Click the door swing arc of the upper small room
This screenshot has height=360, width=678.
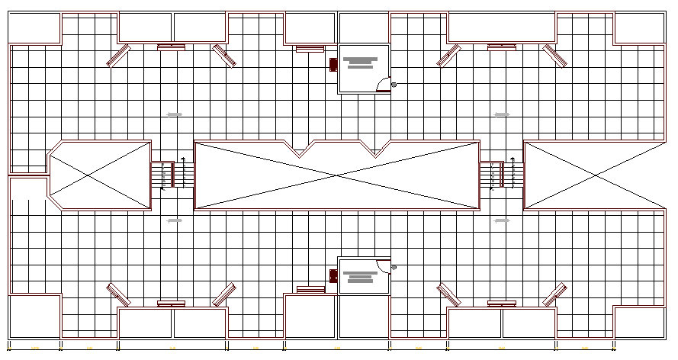[384, 85]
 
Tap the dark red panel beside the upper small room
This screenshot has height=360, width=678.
[333, 65]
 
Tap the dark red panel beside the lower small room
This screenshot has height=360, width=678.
[333, 275]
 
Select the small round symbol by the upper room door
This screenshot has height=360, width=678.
[394, 85]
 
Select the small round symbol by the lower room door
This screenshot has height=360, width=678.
[394, 267]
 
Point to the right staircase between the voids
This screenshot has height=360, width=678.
[496, 175]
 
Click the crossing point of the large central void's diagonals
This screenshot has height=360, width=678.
[337, 175]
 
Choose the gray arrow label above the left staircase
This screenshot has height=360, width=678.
[175, 114]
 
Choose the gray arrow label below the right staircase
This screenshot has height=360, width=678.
[501, 220]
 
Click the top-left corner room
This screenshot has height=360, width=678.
[34, 28]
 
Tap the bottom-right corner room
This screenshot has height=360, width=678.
[639, 321]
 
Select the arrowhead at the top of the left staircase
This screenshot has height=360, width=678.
[183, 159]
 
